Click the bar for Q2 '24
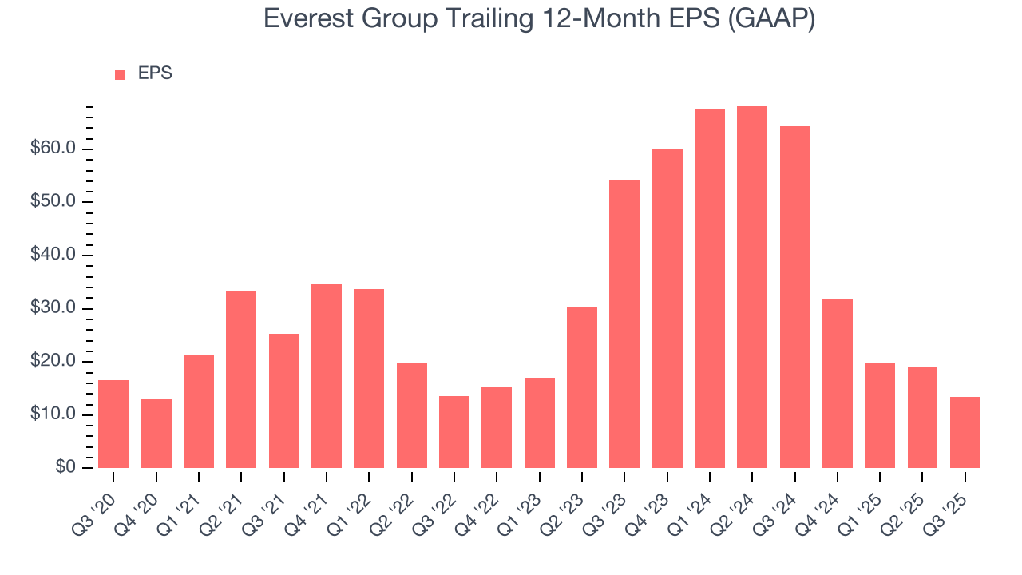point(752,287)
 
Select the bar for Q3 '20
point(113,424)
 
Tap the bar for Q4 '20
point(156,434)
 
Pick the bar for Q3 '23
point(624,324)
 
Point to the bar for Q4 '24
point(838,383)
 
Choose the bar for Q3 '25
point(965,432)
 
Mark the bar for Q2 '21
point(241,379)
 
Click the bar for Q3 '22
point(454,432)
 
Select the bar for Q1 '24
point(710,288)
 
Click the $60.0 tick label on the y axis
point(54,149)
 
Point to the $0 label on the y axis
point(65,468)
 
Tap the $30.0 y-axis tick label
point(54,309)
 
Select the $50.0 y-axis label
point(54,202)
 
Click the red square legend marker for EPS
point(120,74)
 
